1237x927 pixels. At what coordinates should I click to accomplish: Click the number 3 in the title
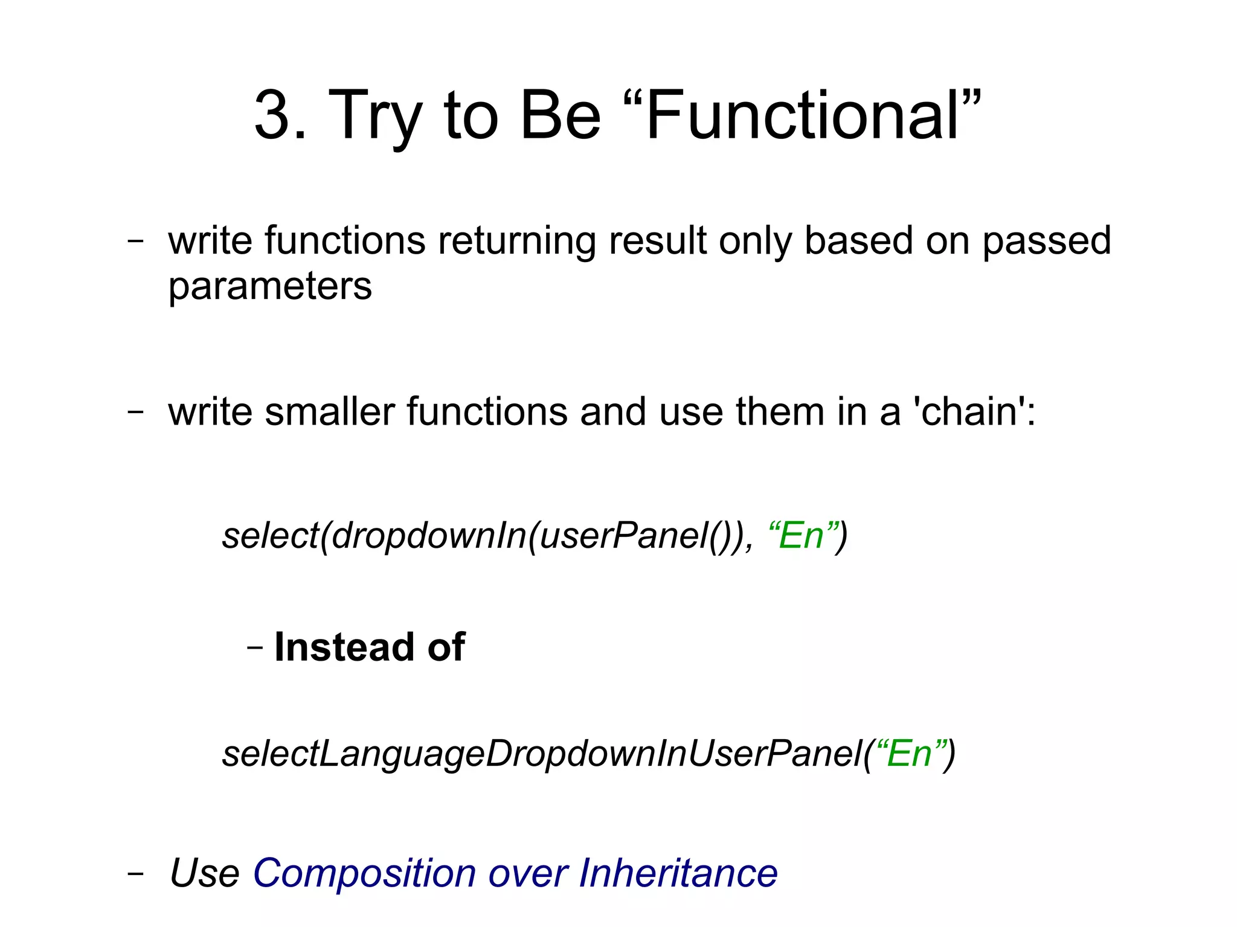pos(275,115)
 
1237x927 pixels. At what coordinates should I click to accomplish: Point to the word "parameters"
pos(270,286)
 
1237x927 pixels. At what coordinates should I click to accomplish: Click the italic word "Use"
pos(205,873)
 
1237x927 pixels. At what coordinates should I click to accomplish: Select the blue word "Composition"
pos(364,873)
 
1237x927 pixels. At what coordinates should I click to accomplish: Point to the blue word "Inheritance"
pos(678,873)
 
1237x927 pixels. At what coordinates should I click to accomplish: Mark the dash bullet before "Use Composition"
pos(136,873)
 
